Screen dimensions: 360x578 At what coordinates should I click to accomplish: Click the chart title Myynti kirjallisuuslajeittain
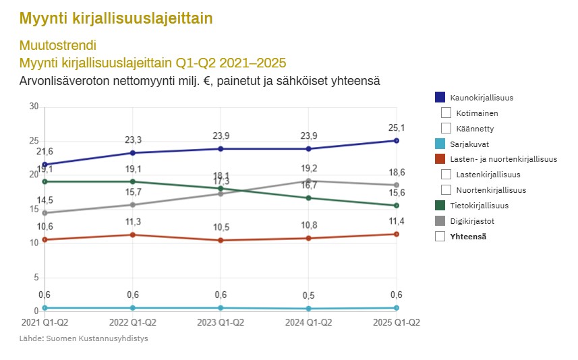pos(116,18)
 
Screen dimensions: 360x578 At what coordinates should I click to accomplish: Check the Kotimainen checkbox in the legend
pos(446,113)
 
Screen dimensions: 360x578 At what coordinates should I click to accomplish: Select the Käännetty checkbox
pos(446,128)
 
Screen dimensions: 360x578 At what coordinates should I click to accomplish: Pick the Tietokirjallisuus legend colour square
pos(441,206)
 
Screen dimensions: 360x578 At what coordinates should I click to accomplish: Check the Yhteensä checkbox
pos(441,237)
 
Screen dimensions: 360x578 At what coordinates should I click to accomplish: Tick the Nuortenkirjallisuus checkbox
pos(446,190)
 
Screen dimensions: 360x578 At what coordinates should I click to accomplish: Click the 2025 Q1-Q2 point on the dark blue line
pos(397,140)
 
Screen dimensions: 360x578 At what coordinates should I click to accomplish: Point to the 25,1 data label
pos(397,128)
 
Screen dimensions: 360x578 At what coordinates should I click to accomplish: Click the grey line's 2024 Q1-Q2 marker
pos(308,181)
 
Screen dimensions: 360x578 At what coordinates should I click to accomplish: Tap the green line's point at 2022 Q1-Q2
pos(133,181)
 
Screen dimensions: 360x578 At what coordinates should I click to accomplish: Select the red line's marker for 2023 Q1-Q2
pos(221,240)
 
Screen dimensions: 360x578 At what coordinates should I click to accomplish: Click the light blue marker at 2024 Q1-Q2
pos(308,309)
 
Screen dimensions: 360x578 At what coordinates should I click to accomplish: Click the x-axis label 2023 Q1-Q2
pos(221,323)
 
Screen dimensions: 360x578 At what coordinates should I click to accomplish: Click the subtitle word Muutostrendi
pos(58,46)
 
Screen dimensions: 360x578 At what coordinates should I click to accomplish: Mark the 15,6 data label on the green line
pos(397,193)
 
